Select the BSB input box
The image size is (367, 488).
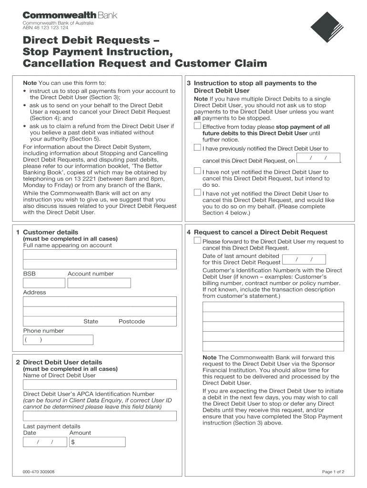point(44,283)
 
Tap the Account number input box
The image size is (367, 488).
point(99,283)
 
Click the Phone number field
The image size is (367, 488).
point(58,340)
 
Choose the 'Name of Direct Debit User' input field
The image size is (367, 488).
point(100,385)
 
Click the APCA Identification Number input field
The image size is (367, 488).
point(100,416)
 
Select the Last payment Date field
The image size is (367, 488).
point(45,442)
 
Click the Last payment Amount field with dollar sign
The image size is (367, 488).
point(97,442)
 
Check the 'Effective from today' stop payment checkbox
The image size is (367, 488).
point(197,126)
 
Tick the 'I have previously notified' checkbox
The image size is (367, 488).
point(197,148)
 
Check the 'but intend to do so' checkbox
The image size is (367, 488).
point(197,171)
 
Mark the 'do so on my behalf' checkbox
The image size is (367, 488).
point(197,193)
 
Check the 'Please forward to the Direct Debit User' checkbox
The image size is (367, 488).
point(197,241)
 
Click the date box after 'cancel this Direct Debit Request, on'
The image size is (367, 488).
point(318,158)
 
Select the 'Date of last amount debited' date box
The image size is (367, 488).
point(304,259)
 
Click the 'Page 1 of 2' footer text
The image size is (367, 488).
point(333,472)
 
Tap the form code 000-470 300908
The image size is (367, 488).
point(39,472)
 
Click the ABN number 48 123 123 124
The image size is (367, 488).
point(46,28)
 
